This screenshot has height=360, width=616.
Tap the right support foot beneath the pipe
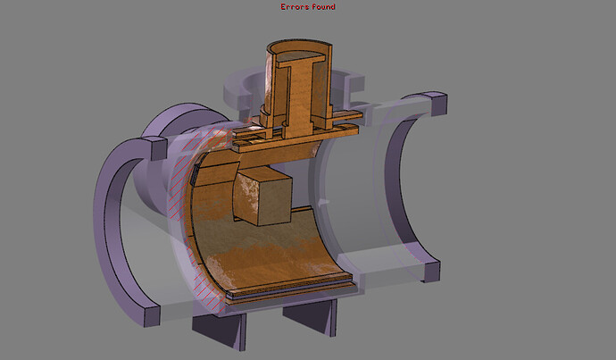[311, 315]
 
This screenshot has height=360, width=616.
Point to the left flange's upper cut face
[159, 147]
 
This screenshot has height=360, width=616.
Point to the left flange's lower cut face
[153, 316]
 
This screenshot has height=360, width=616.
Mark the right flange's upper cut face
[439, 104]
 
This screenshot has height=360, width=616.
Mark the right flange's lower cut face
[432, 272]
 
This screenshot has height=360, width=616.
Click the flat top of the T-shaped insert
[301, 57]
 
